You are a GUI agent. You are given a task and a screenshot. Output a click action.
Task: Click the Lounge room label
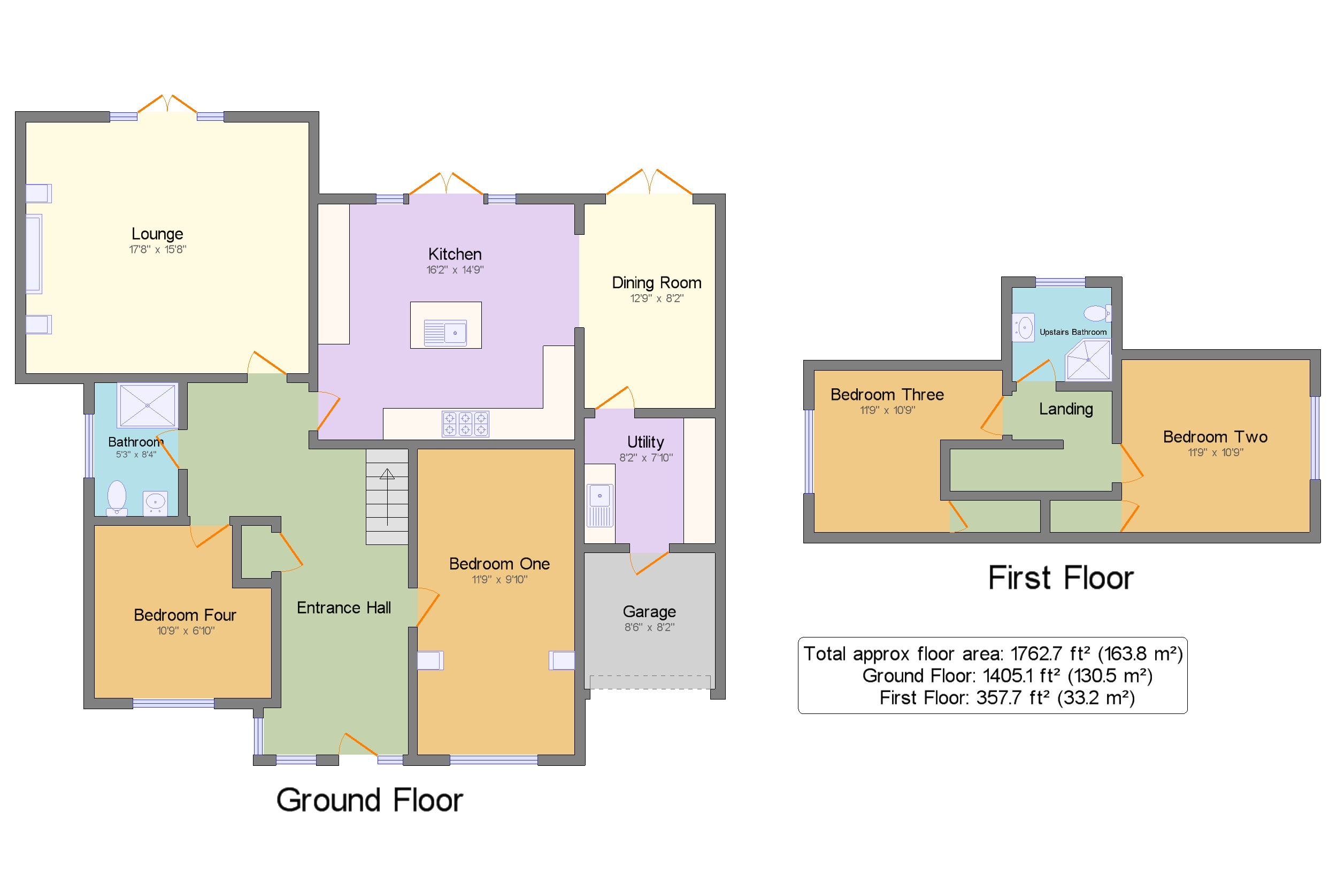pos(157,234)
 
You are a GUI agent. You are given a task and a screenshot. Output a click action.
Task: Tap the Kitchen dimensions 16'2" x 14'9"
pos(455,270)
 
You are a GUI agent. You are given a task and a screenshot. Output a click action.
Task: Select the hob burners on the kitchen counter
pos(465,424)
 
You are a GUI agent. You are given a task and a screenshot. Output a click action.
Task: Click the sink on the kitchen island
pos(445,333)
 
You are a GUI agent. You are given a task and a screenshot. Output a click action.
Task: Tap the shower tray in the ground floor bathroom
pos(147,405)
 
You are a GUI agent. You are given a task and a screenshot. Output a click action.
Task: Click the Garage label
pos(649,612)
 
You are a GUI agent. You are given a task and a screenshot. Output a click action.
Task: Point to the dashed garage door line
pos(649,682)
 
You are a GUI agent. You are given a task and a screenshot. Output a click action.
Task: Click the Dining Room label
pos(656,283)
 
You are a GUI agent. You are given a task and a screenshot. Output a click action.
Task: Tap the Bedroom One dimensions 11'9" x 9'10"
pos(500,580)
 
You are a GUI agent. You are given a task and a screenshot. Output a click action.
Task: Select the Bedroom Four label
pos(185,616)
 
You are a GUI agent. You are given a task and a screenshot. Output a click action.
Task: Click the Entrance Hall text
pos(343,608)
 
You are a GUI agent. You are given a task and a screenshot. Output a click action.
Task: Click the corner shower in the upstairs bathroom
pos(1088,360)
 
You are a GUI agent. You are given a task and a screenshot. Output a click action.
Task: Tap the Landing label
pos(1065,409)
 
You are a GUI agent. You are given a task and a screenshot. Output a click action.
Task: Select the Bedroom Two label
pos(1215,437)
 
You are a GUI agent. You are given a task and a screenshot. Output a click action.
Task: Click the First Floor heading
pos(1061,579)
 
